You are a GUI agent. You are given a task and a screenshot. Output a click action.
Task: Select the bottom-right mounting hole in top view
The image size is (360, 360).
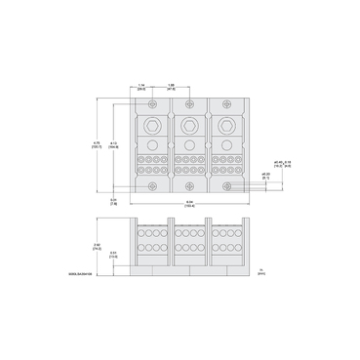click(225, 187)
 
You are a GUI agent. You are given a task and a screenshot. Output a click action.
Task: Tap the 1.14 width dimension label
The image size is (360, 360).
click(142, 86)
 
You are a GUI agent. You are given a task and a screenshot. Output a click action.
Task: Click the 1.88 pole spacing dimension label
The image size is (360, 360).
click(172, 86)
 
